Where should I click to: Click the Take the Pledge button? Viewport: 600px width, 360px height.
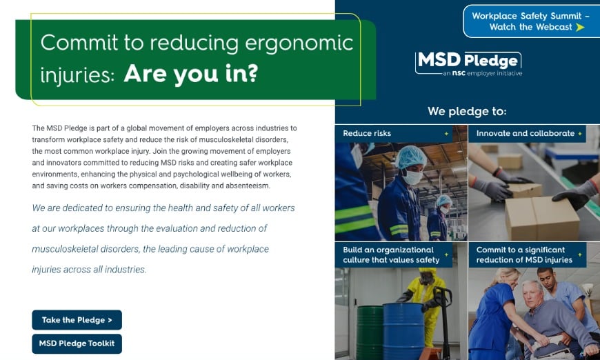pyautogui.click(x=77, y=320)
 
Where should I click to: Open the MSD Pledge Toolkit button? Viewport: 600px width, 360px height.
pyautogui.click(x=77, y=343)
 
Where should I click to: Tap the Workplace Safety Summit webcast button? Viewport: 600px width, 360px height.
pyautogui.click(x=531, y=21)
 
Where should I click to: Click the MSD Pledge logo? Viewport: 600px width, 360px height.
pyautogui.click(x=468, y=64)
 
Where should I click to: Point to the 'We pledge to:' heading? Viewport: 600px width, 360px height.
pyautogui.click(x=467, y=111)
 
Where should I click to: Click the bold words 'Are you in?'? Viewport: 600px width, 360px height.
pyautogui.click(x=191, y=74)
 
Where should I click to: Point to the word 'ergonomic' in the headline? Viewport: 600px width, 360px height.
pyautogui.click(x=299, y=43)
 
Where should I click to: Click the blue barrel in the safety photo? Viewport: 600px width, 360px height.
pyautogui.click(x=403, y=331)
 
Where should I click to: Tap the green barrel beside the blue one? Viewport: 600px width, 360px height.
pyautogui.click(x=370, y=332)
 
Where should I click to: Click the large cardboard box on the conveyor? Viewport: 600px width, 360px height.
pyautogui.click(x=542, y=218)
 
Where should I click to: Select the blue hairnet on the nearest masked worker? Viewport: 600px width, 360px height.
pyautogui.click(x=411, y=157)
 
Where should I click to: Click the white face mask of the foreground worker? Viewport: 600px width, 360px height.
pyautogui.click(x=413, y=177)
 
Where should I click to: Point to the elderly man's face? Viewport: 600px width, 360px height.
pyautogui.click(x=532, y=294)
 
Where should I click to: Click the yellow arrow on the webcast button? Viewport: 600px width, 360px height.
pyautogui.click(x=580, y=27)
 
